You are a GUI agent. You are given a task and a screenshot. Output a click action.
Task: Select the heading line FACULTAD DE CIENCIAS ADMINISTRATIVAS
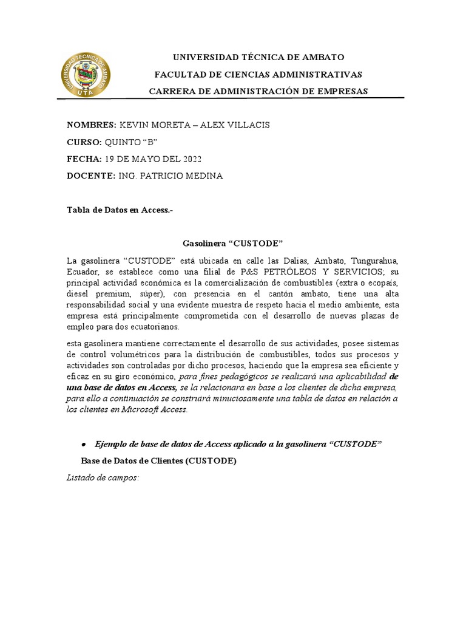258,74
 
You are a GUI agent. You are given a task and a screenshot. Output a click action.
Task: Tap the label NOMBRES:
91,125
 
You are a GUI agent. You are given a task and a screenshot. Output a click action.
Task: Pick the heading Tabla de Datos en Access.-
120,210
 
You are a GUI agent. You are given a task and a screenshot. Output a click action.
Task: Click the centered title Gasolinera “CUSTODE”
233,244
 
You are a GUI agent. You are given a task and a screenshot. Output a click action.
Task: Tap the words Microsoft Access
158,409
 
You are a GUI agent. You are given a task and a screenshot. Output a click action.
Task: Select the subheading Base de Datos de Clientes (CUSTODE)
158,461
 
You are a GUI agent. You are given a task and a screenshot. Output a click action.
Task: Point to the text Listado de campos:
103,478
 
